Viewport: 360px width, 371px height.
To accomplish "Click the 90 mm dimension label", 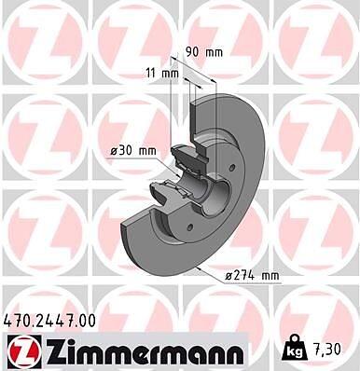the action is (x=204, y=52).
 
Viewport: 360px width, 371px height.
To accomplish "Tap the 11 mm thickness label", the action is (x=162, y=74).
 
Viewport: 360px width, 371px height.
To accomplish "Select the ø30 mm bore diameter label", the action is (x=133, y=151).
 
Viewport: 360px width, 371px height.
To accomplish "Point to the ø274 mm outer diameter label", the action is (x=252, y=276).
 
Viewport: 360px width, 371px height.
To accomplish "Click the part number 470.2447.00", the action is (x=49, y=321).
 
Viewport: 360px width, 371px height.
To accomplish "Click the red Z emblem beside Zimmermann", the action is (x=24, y=350).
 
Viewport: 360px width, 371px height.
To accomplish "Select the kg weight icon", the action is (x=295, y=349).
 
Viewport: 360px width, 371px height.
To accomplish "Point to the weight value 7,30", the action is (x=326, y=350).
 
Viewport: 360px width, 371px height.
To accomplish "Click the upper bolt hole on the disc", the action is (x=232, y=168).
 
